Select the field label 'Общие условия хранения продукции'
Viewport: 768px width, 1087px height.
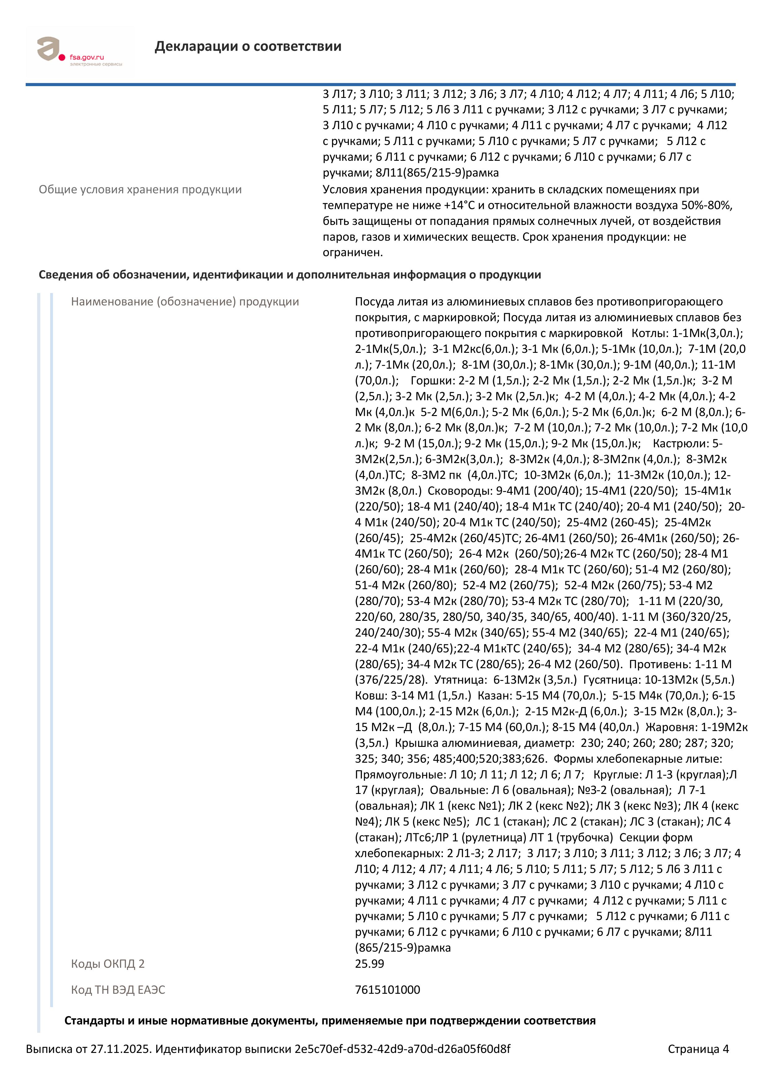point(140,190)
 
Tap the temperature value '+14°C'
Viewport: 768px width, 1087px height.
point(459,205)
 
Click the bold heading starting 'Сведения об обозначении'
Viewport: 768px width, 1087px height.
point(290,275)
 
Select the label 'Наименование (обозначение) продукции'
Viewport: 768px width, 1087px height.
point(185,302)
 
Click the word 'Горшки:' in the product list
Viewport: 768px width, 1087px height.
point(432,381)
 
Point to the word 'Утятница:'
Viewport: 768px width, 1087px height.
point(460,680)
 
